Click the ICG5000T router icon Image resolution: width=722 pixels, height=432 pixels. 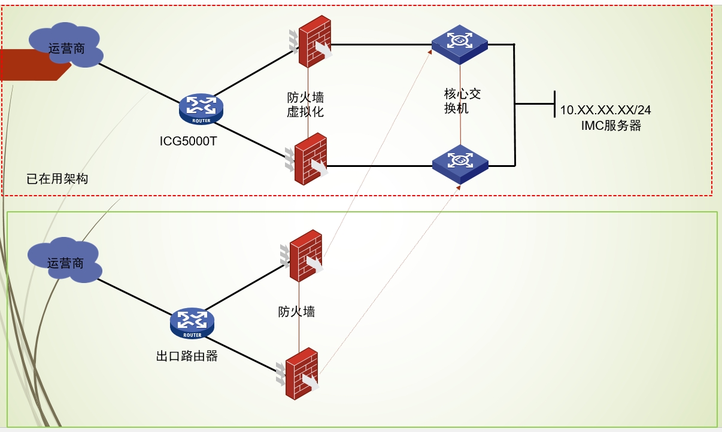click(x=201, y=108)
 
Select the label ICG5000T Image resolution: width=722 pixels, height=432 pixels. click(x=188, y=141)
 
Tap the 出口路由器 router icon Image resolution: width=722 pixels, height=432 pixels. click(x=192, y=323)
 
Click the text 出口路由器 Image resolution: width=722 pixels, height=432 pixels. click(x=187, y=356)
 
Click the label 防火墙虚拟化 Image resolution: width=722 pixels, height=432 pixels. click(x=305, y=104)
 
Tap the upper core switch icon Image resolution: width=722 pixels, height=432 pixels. click(x=460, y=44)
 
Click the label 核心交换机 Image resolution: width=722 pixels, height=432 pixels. click(x=462, y=101)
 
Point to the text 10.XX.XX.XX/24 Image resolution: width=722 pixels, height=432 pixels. click(x=605, y=110)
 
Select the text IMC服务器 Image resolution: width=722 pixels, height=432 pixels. click(x=611, y=126)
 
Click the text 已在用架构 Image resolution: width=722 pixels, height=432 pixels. click(x=57, y=178)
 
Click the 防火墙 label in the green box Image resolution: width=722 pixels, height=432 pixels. click(x=296, y=311)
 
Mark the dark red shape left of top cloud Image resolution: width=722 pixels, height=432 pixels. click(x=30, y=65)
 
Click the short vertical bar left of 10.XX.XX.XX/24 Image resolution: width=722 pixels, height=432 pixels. click(x=555, y=104)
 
